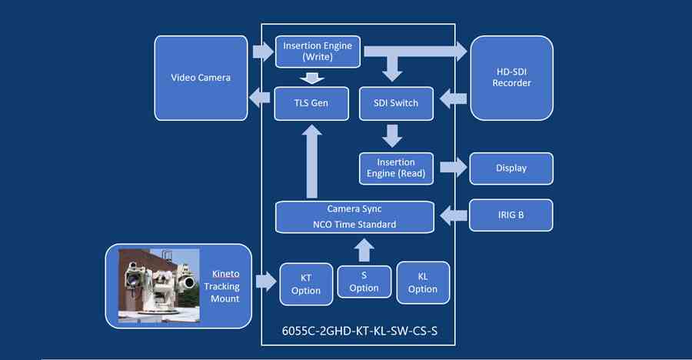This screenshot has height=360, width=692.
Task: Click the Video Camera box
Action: [200, 78]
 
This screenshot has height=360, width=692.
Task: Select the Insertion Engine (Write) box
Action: [317, 52]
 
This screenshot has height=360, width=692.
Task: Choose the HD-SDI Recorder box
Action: [511, 78]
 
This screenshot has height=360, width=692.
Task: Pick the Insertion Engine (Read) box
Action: [396, 168]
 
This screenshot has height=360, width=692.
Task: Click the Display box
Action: [511, 168]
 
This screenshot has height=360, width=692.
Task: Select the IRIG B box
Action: [511, 215]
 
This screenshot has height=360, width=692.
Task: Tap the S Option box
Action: [364, 282]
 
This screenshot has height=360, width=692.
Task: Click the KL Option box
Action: [422, 283]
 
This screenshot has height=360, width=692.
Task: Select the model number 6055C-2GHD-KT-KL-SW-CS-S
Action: [354, 333]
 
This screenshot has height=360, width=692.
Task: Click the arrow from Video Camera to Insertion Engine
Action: [262, 52]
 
